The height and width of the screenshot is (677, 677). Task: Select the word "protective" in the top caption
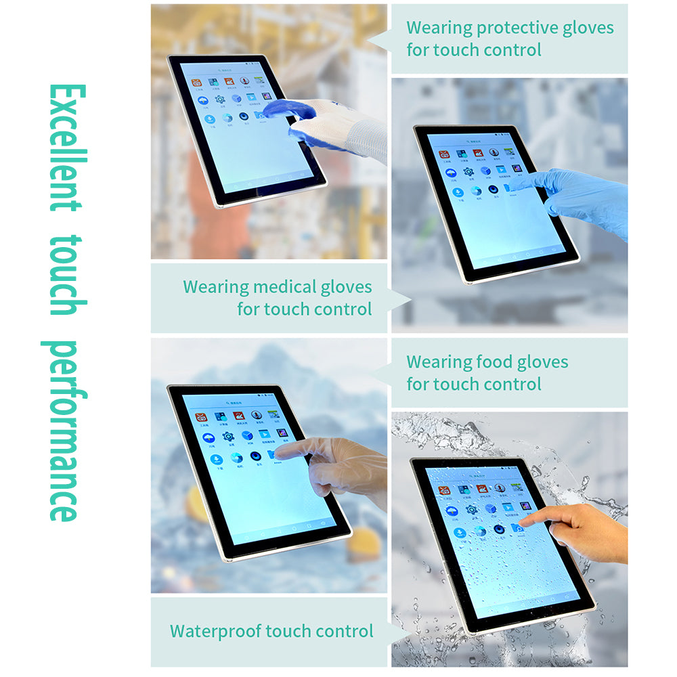pos(518,28)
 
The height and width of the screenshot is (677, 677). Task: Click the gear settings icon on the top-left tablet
pos(219,100)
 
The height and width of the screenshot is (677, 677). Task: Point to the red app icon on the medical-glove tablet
pos(443,155)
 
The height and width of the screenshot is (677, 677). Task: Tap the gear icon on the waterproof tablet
pos(471,509)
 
